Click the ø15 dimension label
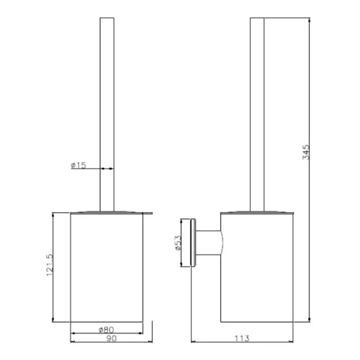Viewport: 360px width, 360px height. pyautogui.click(x=78, y=166)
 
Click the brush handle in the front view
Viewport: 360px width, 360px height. pyautogui.click(x=106, y=108)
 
